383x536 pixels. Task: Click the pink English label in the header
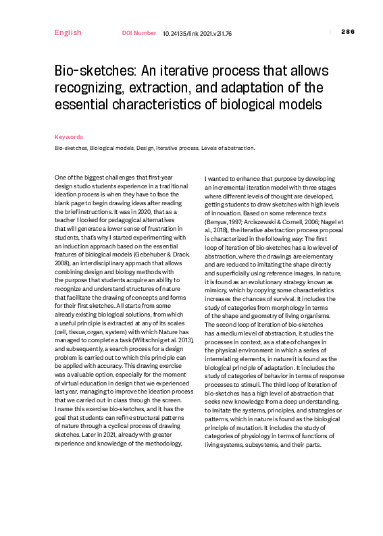pyautogui.click(x=68, y=32)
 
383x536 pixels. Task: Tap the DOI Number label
pyautogui.click(x=139, y=32)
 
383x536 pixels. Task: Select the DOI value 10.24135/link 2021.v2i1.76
pyautogui.click(x=197, y=32)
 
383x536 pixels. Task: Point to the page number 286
pyautogui.click(x=348, y=32)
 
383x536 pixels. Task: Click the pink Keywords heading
pyautogui.click(x=69, y=137)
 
